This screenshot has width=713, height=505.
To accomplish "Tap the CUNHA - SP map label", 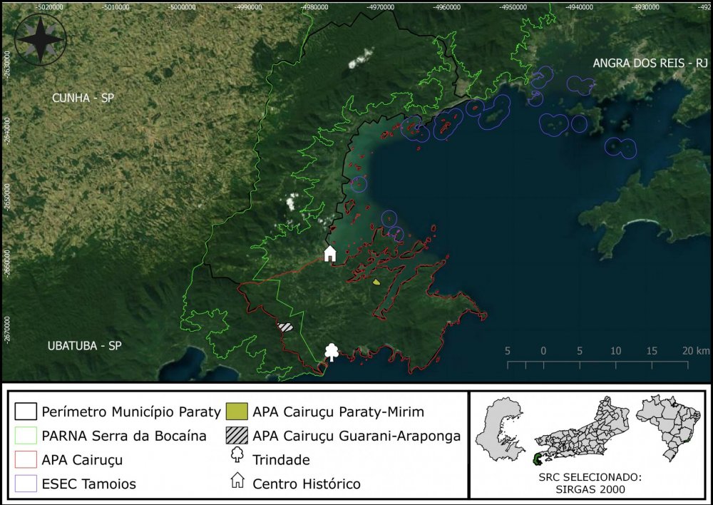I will (83, 98).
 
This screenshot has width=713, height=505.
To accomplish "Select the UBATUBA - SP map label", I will (84, 346).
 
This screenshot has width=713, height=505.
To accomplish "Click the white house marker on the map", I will (330, 253).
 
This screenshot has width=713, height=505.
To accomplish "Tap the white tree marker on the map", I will (332, 352).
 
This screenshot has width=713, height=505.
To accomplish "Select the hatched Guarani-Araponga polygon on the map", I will (285, 327).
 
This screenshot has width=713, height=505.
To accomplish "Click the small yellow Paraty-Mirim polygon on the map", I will (376, 282).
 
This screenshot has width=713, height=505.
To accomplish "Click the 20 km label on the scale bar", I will (694, 351).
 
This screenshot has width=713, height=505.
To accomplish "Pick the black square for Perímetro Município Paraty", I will (25, 412).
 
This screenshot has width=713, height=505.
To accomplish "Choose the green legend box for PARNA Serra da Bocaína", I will (25, 436).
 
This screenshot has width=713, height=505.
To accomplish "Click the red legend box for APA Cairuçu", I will (25, 460).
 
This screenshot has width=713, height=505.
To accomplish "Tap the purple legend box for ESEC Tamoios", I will (25, 484).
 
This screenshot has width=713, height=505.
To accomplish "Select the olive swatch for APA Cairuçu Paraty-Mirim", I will (236, 412).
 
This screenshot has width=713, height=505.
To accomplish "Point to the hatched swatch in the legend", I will (236, 436).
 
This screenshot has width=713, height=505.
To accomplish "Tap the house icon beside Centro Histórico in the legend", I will (236, 484).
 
